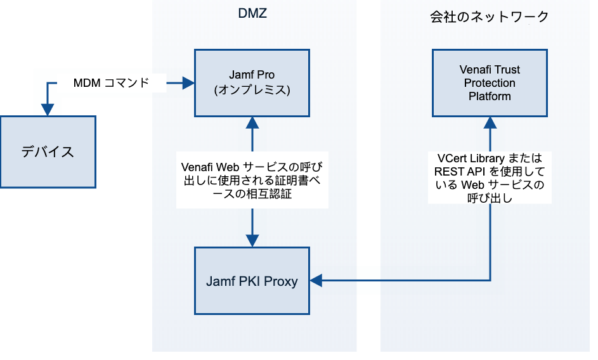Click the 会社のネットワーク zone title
click(488, 17)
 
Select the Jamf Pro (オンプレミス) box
click(252, 83)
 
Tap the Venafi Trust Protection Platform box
click(490, 83)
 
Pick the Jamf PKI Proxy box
click(252, 281)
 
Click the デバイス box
click(48, 151)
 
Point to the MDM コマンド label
click(112, 83)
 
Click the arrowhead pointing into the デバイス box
click(48, 110)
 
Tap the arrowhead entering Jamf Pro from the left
click(188, 82)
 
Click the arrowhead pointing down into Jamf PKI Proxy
click(252, 241)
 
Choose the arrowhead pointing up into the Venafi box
click(490, 122)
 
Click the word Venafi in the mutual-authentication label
click(197, 167)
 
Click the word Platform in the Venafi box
click(490, 96)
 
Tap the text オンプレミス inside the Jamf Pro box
click(252, 90)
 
